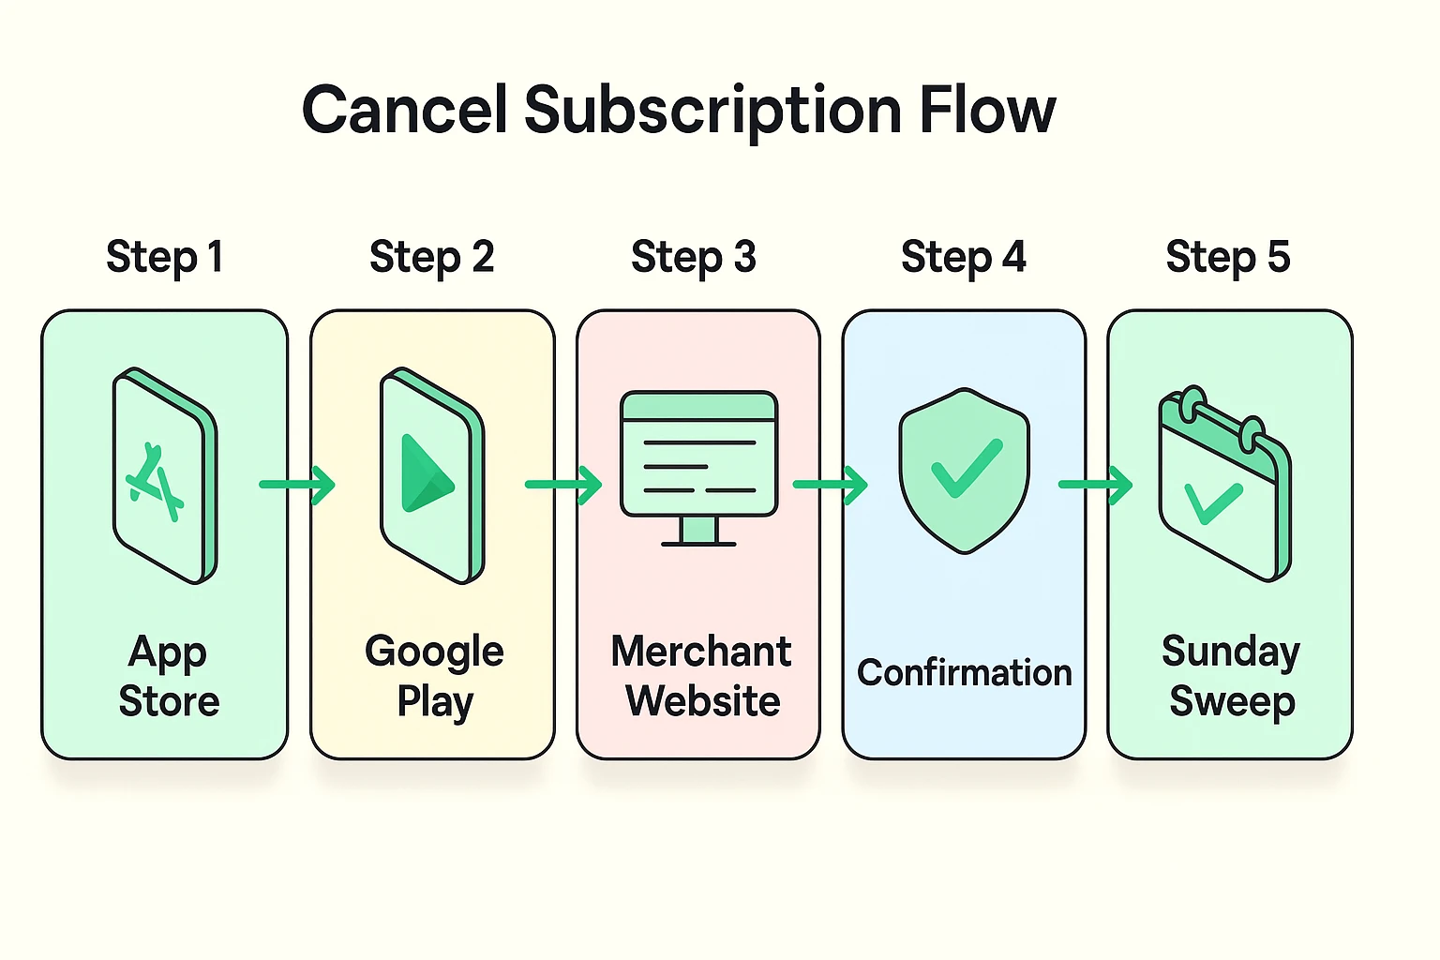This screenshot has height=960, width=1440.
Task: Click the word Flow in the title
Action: [987, 111]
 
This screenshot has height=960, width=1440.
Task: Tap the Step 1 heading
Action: [165, 257]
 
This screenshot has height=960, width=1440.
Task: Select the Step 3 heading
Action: [694, 257]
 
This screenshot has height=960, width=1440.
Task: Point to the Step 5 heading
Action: [1228, 257]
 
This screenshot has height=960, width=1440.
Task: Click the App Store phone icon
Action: [165, 475]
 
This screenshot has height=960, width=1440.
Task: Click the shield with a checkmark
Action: [964, 469]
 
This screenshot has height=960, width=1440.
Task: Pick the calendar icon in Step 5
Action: [1224, 483]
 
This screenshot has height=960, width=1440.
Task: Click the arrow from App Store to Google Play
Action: [297, 485]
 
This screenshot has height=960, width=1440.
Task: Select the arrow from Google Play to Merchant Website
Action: [563, 485]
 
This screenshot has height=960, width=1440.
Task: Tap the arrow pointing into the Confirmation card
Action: [831, 485]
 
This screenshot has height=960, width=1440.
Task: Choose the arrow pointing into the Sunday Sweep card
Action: [1096, 485]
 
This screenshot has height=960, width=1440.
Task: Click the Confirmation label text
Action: [964, 673]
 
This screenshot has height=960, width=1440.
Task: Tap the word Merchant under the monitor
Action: [700, 652]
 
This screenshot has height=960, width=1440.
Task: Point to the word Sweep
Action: [1232, 702]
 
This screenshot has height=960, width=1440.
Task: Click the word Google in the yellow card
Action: [434, 652]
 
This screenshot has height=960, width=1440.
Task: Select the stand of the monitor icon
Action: [698, 532]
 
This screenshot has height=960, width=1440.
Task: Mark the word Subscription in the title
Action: [713, 111]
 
